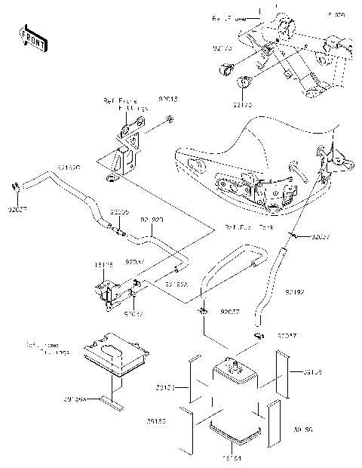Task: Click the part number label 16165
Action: [x=104, y=266]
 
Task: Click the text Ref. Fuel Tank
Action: [x=250, y=226]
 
